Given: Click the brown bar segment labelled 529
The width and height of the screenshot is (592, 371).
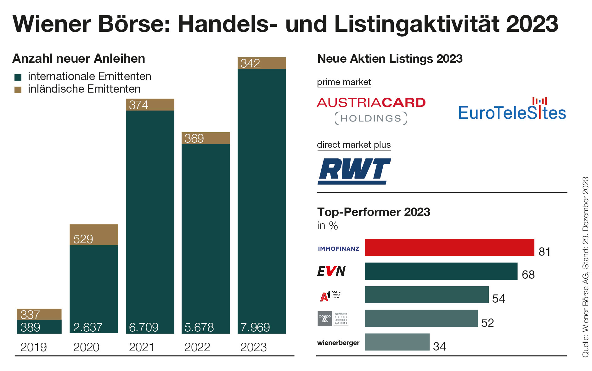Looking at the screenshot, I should [x=94, y=235].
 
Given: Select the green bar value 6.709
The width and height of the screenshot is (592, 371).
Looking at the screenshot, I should [x=144, y=328].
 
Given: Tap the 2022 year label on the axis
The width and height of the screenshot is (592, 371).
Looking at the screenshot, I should [x=197, y=347].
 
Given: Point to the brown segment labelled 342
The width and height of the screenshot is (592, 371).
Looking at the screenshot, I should [x=262, y=63].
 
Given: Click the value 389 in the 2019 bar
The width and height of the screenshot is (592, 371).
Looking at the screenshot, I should [x=30, y=328].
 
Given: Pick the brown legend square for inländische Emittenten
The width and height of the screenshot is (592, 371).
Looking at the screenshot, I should [x=18, y=90].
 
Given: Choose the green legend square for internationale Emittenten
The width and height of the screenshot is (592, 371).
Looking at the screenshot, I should [x=18, y=77].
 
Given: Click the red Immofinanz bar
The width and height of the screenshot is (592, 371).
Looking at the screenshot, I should [x=449, y=248].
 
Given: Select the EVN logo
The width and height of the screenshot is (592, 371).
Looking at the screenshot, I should [x=331, y=271].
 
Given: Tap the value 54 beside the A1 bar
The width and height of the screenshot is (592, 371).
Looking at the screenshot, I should [x=499, y=299].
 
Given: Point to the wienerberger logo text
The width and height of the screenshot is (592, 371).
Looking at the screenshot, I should [x=338, y=343].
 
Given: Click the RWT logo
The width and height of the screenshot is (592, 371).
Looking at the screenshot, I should [x=354, y=171].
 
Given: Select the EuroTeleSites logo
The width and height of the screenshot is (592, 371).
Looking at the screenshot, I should [x=512, y=110].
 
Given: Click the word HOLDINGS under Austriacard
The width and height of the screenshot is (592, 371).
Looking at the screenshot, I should [x=371, y=118].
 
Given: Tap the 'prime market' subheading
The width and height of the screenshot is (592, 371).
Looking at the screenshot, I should [x=344, y=82].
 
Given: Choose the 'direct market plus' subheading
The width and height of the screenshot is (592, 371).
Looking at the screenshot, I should [x=354, y=145].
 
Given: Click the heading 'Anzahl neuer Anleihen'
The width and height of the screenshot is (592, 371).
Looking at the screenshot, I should [x=79, y=59].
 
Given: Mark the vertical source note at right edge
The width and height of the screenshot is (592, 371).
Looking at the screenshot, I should [x=585, y=267].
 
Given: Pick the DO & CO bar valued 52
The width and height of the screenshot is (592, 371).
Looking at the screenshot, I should [x=421, y=318].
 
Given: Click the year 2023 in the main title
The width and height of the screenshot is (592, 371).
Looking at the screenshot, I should [x=532, y=24].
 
